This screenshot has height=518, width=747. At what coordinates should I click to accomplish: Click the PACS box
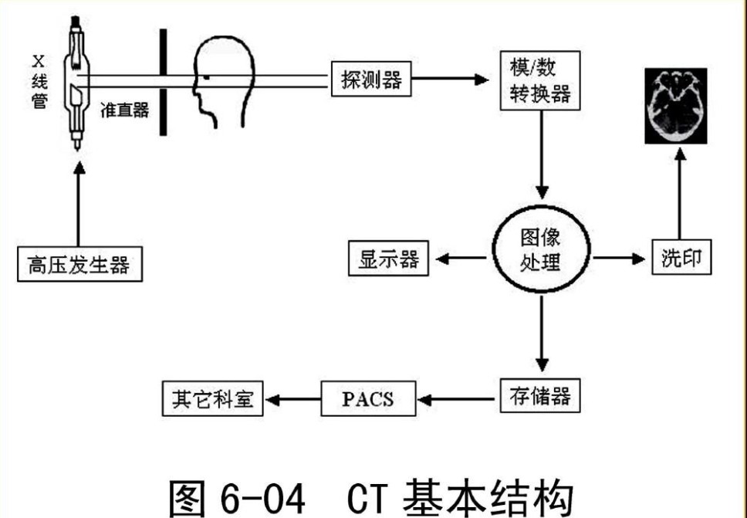pyautogui.click(x=367, y=399)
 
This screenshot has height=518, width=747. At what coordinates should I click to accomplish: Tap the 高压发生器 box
pyautogui.click(x=79, y=266)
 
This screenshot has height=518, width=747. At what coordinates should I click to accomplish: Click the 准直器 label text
pyautogui.click(x=124, y=111)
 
